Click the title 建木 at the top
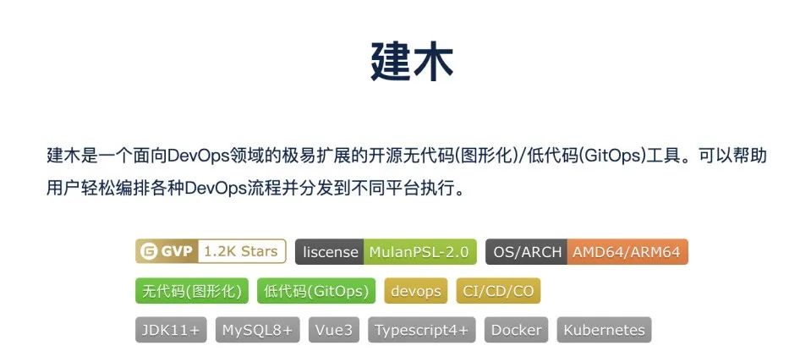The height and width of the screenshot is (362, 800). tap(413, 61)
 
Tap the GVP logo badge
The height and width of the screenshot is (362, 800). tap(167, 251)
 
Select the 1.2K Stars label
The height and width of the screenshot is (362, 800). tap(241, 251)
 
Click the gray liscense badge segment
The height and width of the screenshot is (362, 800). tap(329, 251)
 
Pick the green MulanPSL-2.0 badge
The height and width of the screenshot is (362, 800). tap(419, 251)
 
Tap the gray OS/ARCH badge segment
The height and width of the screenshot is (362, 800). tap(525, 251)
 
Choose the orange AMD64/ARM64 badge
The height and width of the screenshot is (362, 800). tap(626, 251)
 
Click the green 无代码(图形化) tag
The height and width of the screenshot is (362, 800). tap(192, 291)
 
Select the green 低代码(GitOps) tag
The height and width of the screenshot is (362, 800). tap(315, 291)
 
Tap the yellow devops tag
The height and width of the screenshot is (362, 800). tap(415, 291)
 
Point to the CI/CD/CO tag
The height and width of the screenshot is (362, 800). tap(497, 291)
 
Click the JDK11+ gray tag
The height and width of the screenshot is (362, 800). tap(172, 330)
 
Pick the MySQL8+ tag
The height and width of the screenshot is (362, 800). tap(257, 330)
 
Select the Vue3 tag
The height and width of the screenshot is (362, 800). tap(334, 330)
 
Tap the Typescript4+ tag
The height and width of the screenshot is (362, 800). tap(421, 330)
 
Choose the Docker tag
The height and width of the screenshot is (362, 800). tap(516, 330)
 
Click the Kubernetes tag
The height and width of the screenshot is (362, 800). tap(604, 330)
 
